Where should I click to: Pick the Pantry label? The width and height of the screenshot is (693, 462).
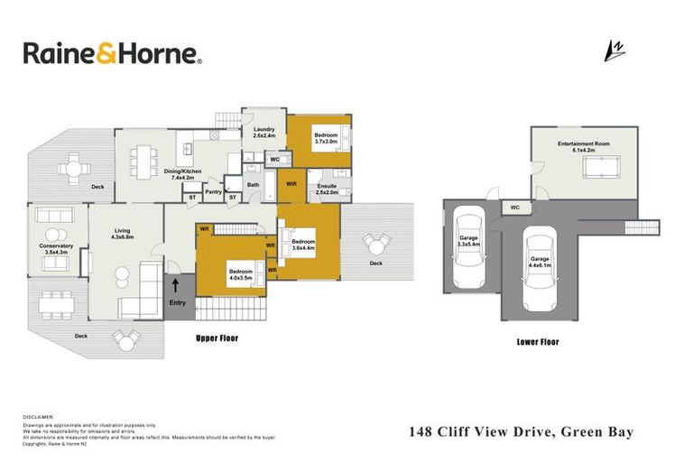coord(214,190)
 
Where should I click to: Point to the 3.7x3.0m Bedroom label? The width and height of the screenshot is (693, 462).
coord(325,138)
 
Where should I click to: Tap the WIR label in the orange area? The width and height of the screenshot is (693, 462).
coord(291,184)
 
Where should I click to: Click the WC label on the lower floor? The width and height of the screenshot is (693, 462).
coord(514,208)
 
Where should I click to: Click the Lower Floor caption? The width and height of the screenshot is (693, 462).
coord(538,342)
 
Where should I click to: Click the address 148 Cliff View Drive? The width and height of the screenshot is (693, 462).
coord(478,432)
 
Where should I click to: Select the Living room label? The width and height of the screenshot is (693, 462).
coord(122,232)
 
